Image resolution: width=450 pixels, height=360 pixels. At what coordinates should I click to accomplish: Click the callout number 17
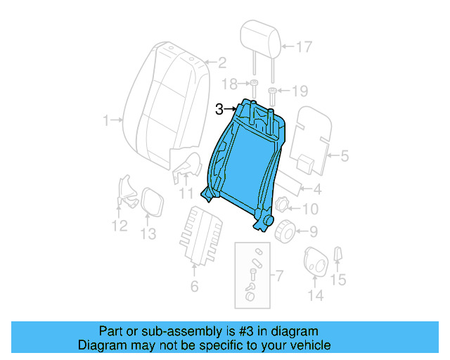click(303, 48)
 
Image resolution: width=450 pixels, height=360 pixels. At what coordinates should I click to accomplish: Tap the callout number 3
click(220, 109)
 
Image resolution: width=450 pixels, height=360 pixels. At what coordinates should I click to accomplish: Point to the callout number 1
click(106, 121)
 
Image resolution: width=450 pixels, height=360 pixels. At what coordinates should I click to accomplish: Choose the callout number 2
click(220, 61)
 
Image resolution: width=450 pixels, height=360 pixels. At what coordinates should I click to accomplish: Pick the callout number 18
click(230, 84)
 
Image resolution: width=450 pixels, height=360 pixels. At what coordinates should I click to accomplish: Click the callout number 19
click(300, 91)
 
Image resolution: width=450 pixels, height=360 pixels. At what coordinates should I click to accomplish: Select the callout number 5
click(344, 156)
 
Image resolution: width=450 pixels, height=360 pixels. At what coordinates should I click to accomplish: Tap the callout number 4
click(316, 188)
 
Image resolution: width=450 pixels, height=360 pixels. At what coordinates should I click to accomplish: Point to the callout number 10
click(310, 209)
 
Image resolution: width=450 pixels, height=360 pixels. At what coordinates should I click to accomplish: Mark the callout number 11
click(186, 193)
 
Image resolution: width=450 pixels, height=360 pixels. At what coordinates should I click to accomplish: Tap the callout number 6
click(194, 285)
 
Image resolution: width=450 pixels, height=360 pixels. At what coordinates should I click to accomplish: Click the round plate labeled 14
click(315, 262)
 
